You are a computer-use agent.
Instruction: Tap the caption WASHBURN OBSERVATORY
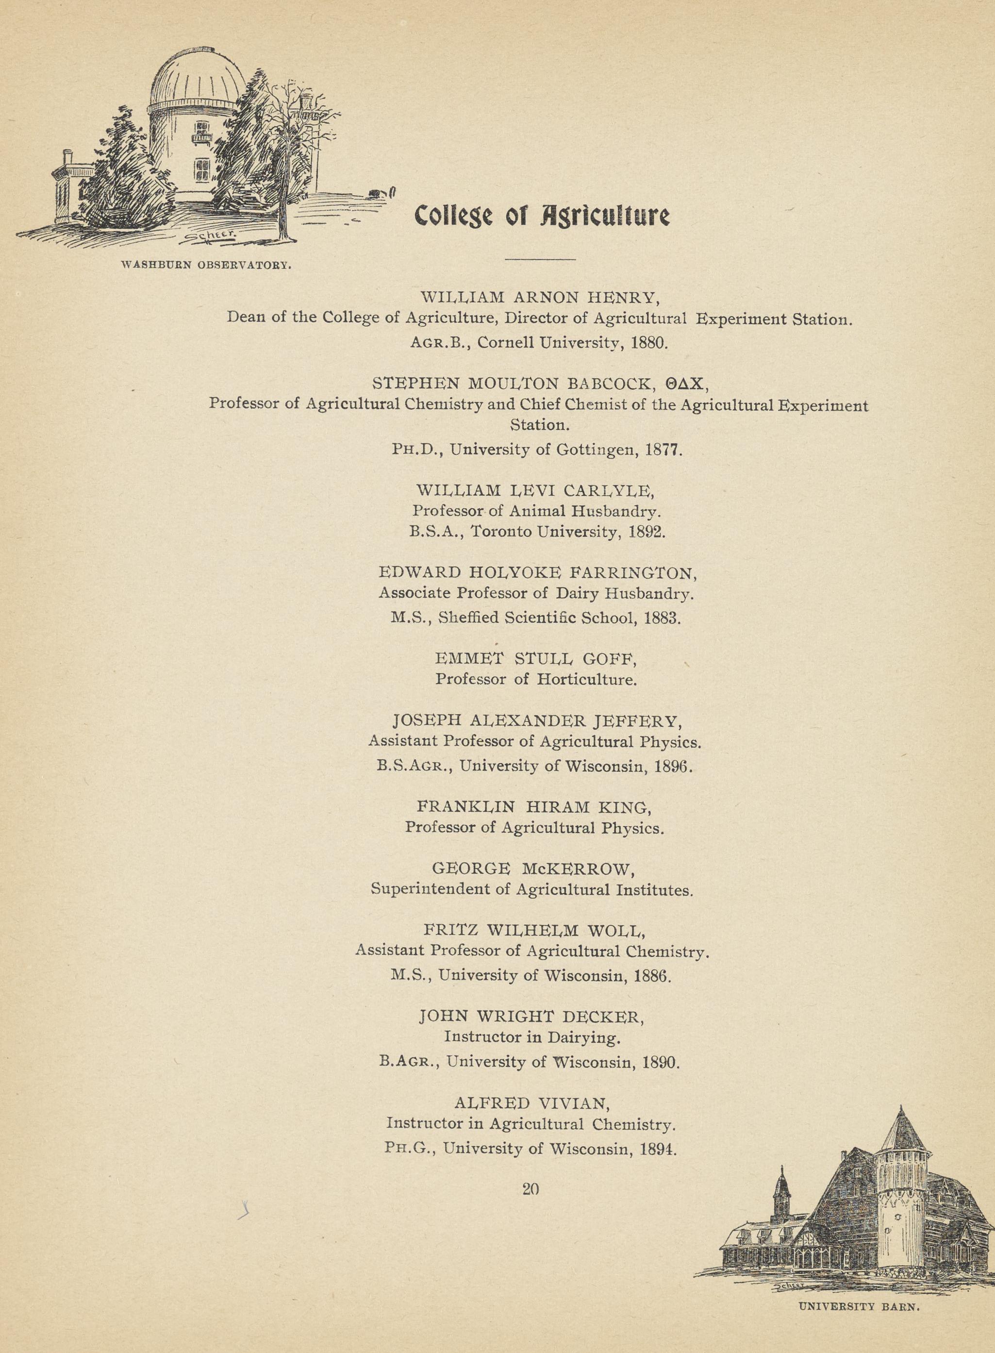(207, 265)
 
